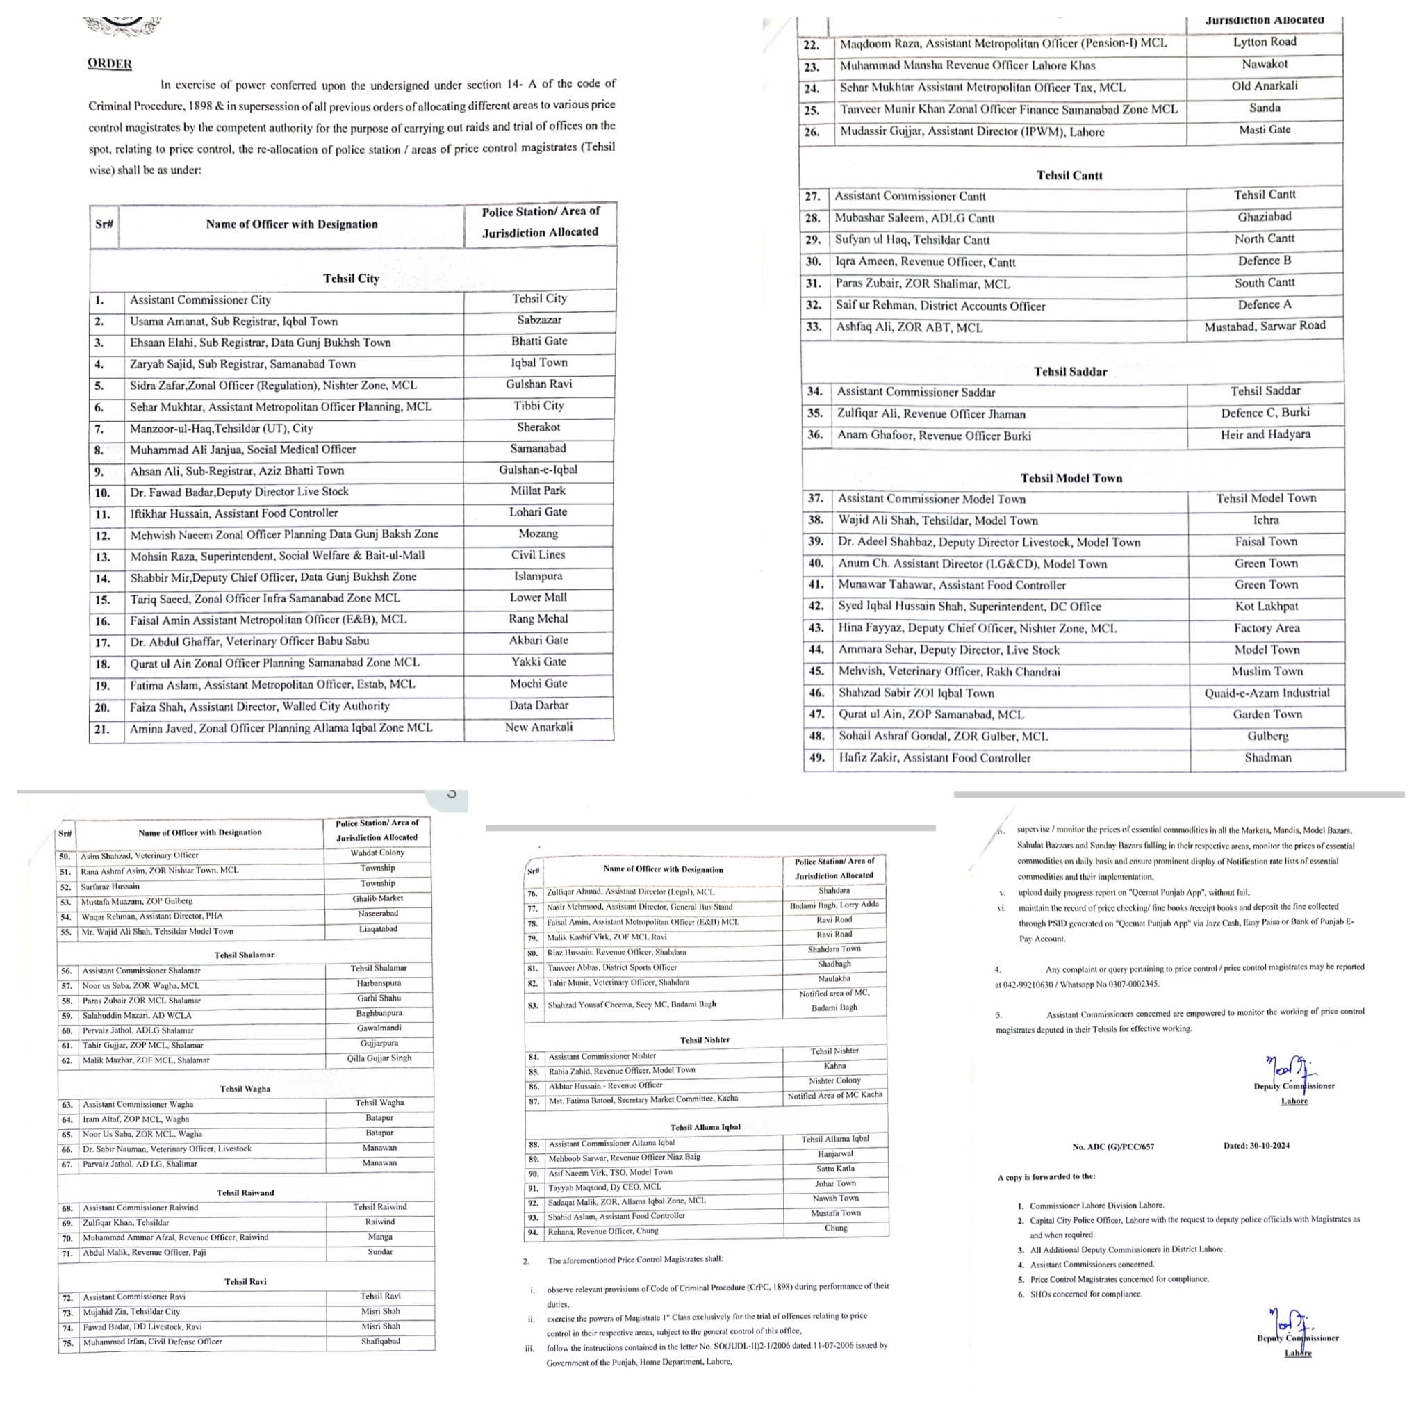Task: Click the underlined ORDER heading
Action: click(x=110, y=63)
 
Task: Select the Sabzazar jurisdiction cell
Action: click(x=539, y=320)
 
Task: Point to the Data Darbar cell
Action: click(x=538, y=706)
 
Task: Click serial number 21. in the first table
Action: click(x=102, y=729)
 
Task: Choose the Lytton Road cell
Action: click(x=1265, y=42)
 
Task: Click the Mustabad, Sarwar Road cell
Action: click(x=1265, y=326)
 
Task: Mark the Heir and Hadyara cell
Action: click(x=1265, y=434)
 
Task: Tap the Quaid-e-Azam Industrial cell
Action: click(x=1267, y=693)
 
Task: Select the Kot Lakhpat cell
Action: click(x=1267, y=606)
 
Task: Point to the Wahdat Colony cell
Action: click(x=377, y=853)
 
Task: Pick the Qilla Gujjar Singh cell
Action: click(x=379, y=1058)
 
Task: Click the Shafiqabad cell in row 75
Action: click(x=380, y=1341)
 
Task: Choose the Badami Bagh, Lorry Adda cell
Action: click(x=834, y=905)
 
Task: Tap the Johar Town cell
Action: click(x=835, y=1183)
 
